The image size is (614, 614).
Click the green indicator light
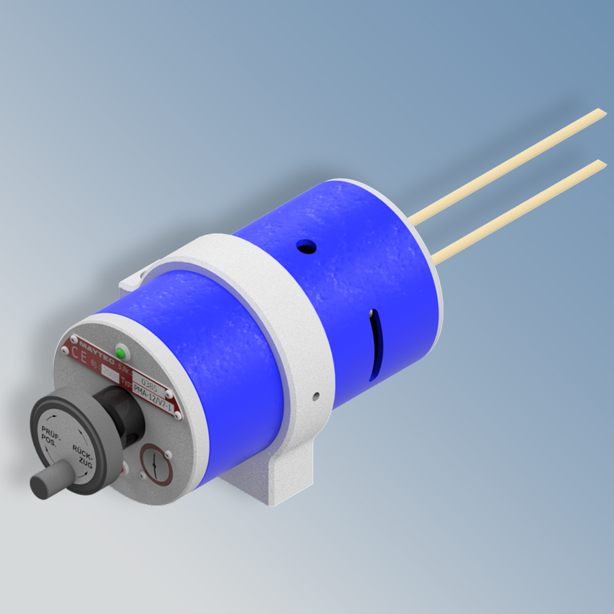pos(121,354)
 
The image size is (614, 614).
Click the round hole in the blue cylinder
pos(306,247)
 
